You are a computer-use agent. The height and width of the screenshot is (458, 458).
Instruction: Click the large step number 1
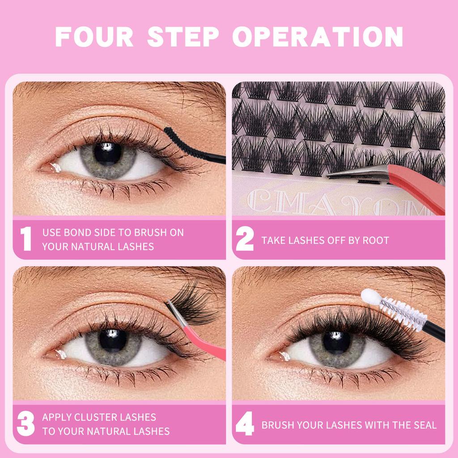click(26, 239)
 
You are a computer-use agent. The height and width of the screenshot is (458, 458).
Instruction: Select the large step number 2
click(245, 240)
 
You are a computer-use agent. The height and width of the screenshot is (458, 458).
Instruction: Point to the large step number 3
click(26, 424)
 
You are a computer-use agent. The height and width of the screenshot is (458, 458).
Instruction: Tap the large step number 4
click(245, 424)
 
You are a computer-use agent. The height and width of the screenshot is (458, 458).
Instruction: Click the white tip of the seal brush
click(369, 296)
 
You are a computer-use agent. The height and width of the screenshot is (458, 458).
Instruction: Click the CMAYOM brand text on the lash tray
click(331, 201)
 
